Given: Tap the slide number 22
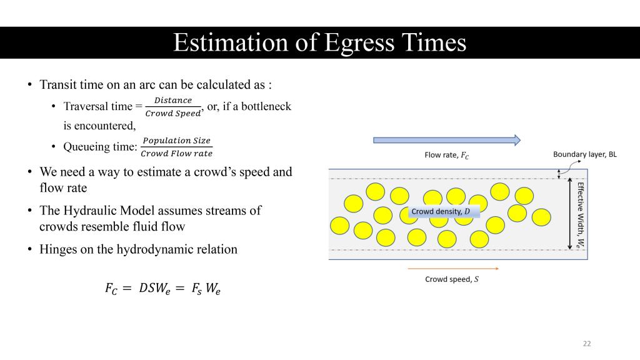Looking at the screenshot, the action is pos(587,344).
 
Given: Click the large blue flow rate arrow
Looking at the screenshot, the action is pos(447,141).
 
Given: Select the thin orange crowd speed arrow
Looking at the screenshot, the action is pos(453,269).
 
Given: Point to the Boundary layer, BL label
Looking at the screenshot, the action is pos(585,154).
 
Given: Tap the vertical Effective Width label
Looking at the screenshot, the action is pos(581,215).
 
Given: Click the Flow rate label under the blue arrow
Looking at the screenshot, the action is pos(446,155).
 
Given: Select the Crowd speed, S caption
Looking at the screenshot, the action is pos(452,279).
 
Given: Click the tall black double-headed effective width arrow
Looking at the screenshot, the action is pos(570,214).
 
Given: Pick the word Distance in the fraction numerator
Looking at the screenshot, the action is pos(173,100).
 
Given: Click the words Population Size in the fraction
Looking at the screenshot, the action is pos(176,141).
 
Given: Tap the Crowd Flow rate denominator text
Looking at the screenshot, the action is pos(176,154).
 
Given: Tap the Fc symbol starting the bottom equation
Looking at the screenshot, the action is pos(111,288).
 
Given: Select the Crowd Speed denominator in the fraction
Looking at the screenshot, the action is pos(173,114).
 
